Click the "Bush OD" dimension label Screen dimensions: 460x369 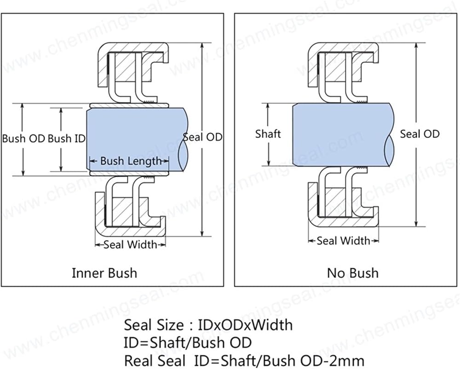click(x=23, y=138)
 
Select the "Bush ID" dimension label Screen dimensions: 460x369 click(x=67, y=138)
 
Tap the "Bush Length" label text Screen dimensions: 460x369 click(x=131, y=161)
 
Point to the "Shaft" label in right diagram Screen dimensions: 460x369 click(x=268, y=134)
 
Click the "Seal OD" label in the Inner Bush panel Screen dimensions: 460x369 click(x=203, y=137)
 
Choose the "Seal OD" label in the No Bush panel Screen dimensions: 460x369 click(x=420, y=134)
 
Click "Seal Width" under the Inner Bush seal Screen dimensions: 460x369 click(x=131, y=244)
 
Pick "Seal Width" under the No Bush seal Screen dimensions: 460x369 click(x=344, y=241)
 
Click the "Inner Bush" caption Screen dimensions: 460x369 click(x=104, y=273)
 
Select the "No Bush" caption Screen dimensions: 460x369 click(x=353, y=273)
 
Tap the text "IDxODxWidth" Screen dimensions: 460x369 click(x=246, y=325)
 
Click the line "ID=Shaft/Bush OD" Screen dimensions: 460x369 click(x=188, y=343)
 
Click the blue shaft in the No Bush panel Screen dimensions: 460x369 click(x=340, y=134)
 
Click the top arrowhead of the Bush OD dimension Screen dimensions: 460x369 click(x=23, y=106)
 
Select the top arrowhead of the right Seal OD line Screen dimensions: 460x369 click(x=416, y=46)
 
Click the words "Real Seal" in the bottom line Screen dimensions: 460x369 click(x=155, y=361)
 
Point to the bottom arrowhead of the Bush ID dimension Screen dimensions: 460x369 click(x=61, y=168)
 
